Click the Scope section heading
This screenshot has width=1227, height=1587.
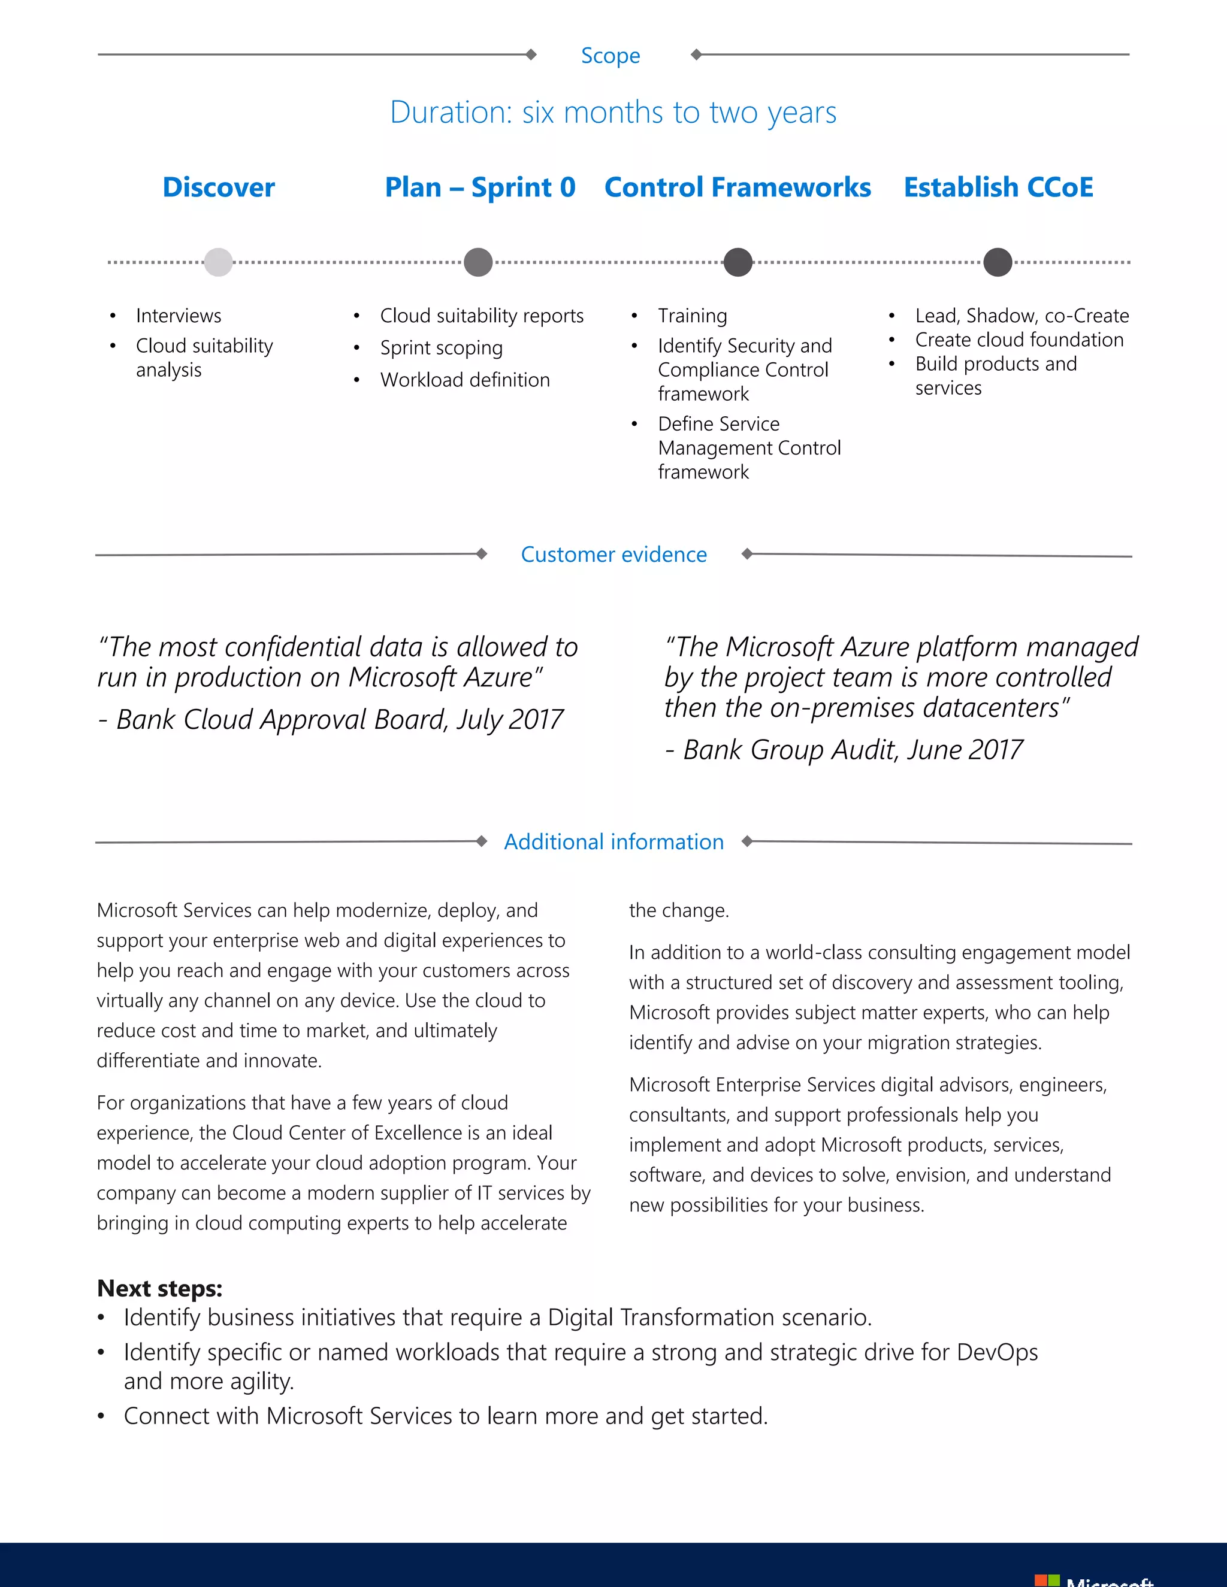(x=610, y=56)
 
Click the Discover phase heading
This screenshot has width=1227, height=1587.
(x=219, y=187)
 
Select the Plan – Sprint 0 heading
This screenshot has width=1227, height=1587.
(x=480, y=187)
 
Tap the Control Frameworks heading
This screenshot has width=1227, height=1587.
(x=737, y=187)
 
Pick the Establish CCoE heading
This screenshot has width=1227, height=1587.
(x=998, y=187)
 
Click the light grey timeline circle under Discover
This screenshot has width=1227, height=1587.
(x=218, y=262)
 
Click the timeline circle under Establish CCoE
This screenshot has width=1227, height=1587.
(x=998, y=262)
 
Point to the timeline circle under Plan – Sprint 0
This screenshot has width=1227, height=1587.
(x=477, y=262)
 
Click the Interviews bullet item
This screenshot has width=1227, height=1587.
(x=178, y=316)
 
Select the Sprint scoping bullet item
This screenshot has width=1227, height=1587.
(x=441, y=348)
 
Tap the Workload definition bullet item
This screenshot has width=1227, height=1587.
(x=464, y=380)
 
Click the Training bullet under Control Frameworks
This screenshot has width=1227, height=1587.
(x=692, y=316)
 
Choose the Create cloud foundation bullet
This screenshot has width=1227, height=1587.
(x=1019, y=340)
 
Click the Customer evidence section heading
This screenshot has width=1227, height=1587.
(x=613, y=555)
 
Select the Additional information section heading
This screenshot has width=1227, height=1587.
(x=613, y=841)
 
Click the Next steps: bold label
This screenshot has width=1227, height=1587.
(x=159, y=1288)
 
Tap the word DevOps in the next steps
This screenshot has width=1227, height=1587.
(x=996, y=1352)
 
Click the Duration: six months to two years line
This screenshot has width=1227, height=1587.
(x=613, y=113)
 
